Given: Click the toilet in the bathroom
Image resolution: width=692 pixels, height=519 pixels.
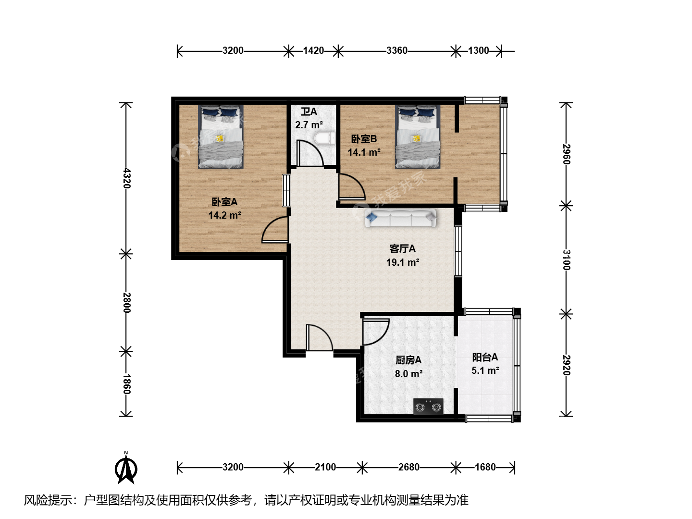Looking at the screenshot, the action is [x=324, y=139].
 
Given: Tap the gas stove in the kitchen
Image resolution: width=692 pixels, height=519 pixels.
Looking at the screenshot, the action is [x=428, y=406].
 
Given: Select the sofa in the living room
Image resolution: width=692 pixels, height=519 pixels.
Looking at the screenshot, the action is [x=400, y=218].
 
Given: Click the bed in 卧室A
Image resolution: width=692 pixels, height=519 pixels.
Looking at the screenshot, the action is [x=221, y=136].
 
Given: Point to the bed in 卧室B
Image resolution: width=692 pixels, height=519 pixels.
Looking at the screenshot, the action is [x=418, y=136].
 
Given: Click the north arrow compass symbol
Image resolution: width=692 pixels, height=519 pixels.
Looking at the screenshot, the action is [x=126, y=469].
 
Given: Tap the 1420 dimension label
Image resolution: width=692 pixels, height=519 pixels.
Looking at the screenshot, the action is [x=313, y=50].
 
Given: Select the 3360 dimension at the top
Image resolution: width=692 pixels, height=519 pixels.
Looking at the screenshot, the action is [x=397, y=50].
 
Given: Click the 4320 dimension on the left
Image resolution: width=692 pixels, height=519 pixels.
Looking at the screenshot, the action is [x=126, y=178].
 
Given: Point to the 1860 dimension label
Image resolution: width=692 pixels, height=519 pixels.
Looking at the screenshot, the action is [x=126, y=384].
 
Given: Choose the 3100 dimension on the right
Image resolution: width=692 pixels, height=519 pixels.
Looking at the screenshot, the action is [x=566, y=260].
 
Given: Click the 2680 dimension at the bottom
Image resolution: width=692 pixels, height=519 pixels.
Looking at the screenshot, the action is [x=409, y=467].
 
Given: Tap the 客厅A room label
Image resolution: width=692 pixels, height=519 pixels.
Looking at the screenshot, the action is [x=403, y=249].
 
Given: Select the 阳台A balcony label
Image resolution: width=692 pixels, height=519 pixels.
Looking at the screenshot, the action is [x=485, y=357].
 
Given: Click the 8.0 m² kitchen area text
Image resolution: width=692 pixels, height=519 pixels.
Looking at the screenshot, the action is [x=408, y=374].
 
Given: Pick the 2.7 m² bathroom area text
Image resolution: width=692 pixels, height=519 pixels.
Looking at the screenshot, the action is [x=309, y=125].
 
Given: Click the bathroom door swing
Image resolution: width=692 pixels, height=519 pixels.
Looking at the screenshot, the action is [x=310, y=153].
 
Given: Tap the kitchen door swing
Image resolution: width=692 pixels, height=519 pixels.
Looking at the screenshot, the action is [x=376, y=332].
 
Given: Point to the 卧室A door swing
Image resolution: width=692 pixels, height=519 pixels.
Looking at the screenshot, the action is [x=275, y=230].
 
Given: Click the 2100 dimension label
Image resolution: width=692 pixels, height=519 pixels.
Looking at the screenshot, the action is [x=325, y=467].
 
